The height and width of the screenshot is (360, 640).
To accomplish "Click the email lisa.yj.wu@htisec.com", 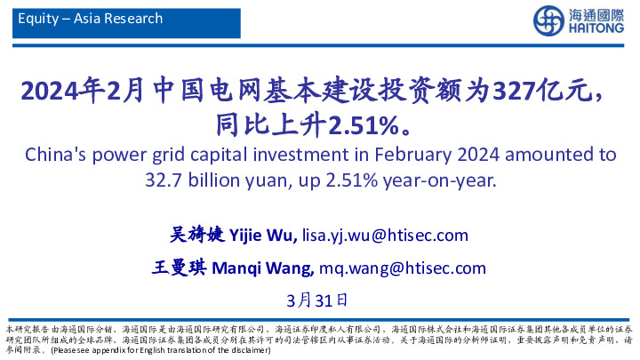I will coord(385,235).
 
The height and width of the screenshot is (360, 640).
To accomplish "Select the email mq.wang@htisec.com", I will coord(403,268).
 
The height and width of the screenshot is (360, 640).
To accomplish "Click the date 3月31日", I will coord(319,300).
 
